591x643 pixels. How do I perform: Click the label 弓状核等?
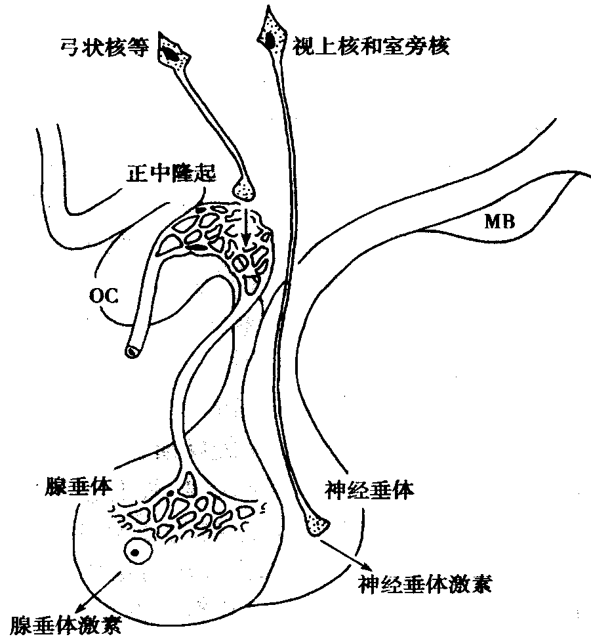[104, 47]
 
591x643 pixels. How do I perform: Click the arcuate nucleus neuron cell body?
[173, 52]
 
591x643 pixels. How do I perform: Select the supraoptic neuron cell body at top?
[270, 34]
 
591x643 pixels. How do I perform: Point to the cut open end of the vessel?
[133, 351]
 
